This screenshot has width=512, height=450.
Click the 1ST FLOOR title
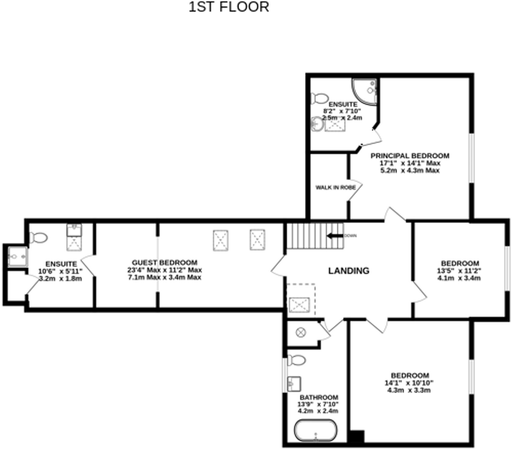pyautogui.click(x=229, y=7)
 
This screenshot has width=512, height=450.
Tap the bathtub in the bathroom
pyautogui.click(x=316, y=430)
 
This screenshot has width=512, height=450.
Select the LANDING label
pyautogui.click(x=348, y=271)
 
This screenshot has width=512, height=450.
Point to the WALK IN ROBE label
pyautogui.click(x=335, y=187)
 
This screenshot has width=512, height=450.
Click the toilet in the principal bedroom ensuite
pyautogui.click(x=319, y=99)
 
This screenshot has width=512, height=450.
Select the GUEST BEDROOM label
pyautogui.click(x=164, y=263)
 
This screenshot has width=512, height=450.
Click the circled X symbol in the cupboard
pyautogui.click(x=301, y=332)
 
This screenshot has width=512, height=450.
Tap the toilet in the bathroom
pyautogui.click(x=297, y=360)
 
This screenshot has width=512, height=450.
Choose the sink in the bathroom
pyautogui.click(x=294, y=384)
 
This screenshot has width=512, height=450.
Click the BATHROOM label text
pyautogui.click(x=319, y=397)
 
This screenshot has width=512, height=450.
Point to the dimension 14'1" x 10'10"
pyautogui.click(x=409, y=383)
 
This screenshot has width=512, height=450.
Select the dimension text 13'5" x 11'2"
pyautogui.click(x=459, y=271)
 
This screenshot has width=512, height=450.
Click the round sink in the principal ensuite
pyautogui.click(x=317, y=124)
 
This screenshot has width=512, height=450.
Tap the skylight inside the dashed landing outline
pyautogui.click(x=299, y=305)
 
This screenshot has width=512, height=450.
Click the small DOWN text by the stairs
pyautogui.click(x=350, y=236)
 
